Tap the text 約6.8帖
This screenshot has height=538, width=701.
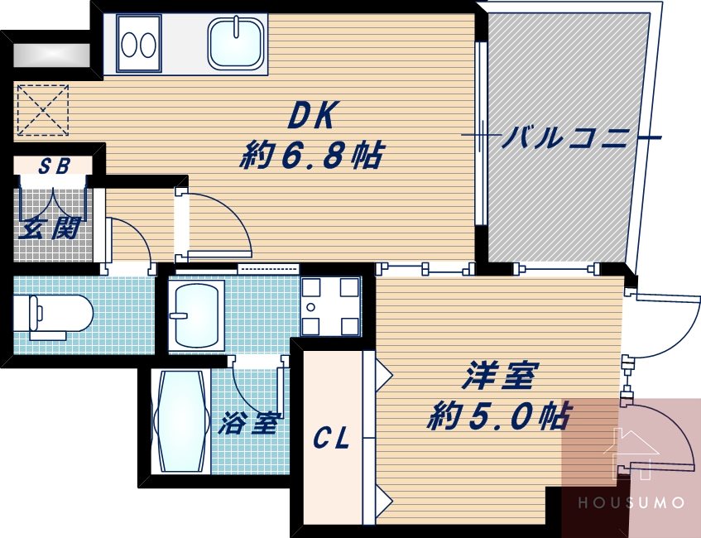(311, 154)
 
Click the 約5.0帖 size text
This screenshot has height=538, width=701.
(498, 415)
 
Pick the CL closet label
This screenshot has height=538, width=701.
(331, 438)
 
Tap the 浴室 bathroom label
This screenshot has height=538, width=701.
(248, 424)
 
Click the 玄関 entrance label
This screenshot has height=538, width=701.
(50, 228)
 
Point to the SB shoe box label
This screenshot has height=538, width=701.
(54, 166)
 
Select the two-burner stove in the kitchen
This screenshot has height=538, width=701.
(138, 43)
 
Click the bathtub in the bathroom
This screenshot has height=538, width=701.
(181, 420)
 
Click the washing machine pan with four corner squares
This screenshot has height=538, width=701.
(330, 305)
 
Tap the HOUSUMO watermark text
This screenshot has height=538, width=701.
(631, 502)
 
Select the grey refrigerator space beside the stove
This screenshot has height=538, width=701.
(51, 54)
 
